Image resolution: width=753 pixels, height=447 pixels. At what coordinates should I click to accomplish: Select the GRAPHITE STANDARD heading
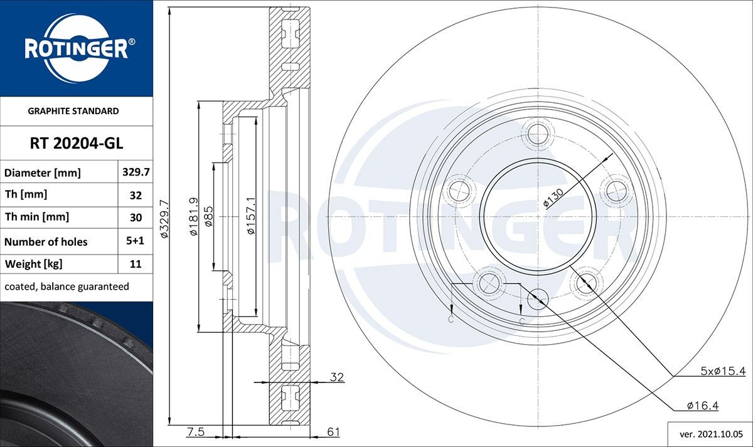(x=73, y=111)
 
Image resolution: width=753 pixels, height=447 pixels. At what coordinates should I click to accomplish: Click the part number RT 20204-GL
(x=77, y=144)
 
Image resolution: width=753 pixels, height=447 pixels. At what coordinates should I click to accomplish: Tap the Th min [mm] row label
(x=36, y=217)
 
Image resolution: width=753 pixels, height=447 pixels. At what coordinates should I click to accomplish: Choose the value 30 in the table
(x=135, y=218)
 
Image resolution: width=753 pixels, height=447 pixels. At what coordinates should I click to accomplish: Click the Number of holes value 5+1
(x=135, y=241)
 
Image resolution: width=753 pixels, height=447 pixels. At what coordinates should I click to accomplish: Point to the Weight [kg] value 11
(x=135, y=264)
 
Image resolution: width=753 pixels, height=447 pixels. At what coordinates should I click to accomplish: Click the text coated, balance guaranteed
(x=67, y=287)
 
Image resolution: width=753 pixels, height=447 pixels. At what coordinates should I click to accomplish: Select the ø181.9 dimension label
(x=193, y=217)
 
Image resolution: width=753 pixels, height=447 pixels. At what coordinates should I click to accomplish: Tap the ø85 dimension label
(x=209, y=217)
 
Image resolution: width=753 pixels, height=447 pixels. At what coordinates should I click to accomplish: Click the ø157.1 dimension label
(x=250, y=217)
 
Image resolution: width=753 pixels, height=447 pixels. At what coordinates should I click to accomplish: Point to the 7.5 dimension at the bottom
(x=195, y=431)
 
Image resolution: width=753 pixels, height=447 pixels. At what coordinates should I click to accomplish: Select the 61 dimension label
(x=334, y=431)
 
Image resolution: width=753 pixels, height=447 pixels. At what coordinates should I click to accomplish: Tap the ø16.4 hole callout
(x=702, y=406)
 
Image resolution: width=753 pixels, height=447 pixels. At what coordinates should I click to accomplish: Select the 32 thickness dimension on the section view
(x=337, y=377)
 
